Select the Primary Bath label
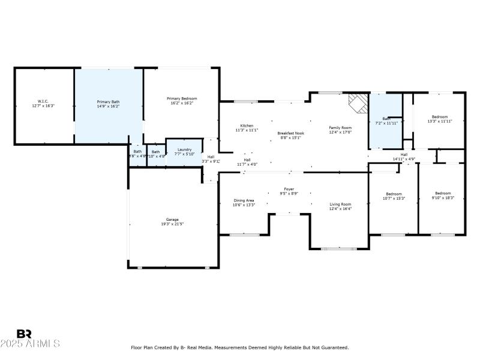click(108, 102)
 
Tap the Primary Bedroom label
click(181, 98)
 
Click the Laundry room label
click(184, 149)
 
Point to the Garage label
click(172, 220)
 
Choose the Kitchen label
click(247, 125)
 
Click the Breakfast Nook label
click(290, 133)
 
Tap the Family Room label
click(340, 128)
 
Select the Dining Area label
click(244, 200)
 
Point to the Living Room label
click(340, 205)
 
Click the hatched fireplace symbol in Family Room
click(358, 103)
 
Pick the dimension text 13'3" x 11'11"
click(439, 121)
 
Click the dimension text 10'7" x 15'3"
click(394, 198)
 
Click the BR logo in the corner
click(24, 334)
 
